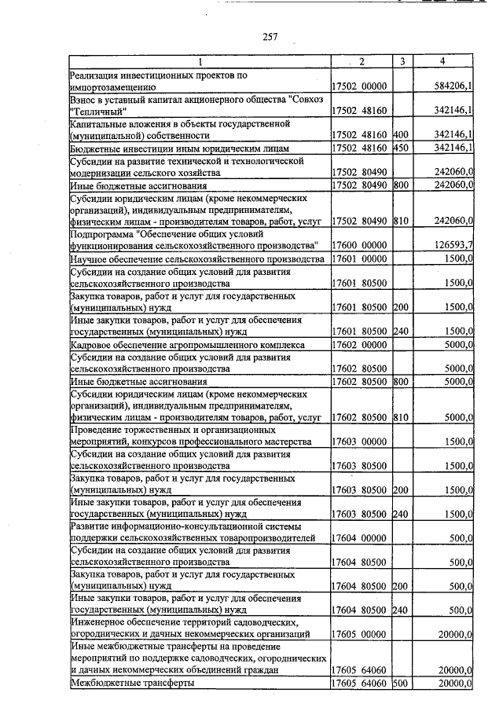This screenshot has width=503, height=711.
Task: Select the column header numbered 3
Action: (x=402, y=61)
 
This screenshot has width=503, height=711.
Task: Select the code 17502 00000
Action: (x=360, y=86)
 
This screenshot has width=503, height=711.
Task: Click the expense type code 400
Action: (x=402, y=135)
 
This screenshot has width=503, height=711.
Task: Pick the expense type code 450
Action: (x=402, y=148)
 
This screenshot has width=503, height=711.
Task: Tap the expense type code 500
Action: (x=402, y=684)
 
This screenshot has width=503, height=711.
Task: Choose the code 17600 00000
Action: (x=360, y=245)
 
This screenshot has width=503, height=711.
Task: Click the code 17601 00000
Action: (x=360, y=258)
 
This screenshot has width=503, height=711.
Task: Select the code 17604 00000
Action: (x=360, y=538)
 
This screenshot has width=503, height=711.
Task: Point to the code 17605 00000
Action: (x=360, y=633)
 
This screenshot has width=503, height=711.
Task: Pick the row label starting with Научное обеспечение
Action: (x=196, y=258)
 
